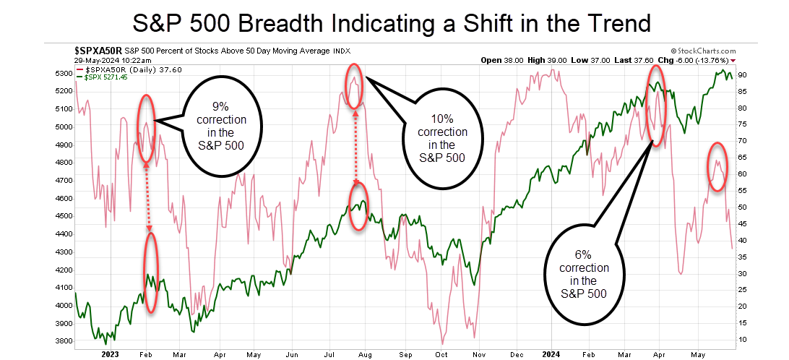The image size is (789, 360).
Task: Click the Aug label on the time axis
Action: pyautogui.click(x=365, y=354)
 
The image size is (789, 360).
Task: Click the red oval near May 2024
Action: pyautogui.click(x=716, y=166)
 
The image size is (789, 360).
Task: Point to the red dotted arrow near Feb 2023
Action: pyautogui.click(x=147, y=196)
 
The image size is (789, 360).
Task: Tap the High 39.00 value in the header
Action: pyautogui.click(x=548, y=61)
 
